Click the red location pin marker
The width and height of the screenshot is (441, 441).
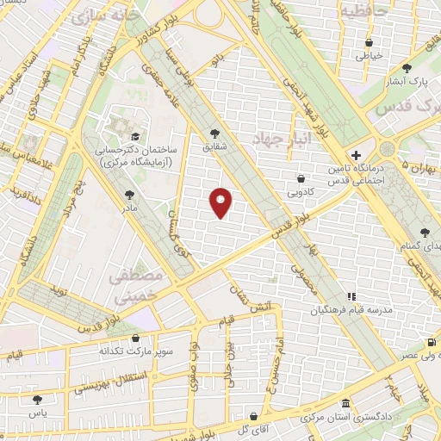point(220,202)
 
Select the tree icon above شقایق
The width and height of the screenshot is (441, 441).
point(215,134)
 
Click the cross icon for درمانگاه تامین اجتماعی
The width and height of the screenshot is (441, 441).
point(357,154)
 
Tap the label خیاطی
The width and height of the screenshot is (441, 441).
point(369,56)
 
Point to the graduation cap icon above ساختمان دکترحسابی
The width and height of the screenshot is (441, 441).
point(134,137)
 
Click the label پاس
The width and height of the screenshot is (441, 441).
point(36,413)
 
